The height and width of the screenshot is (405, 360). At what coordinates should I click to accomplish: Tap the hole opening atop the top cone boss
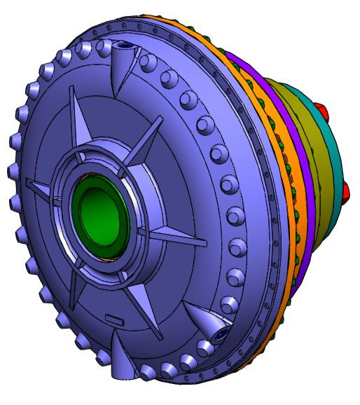pos(125,46)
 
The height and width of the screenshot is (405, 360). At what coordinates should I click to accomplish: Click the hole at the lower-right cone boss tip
pos(221,336)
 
